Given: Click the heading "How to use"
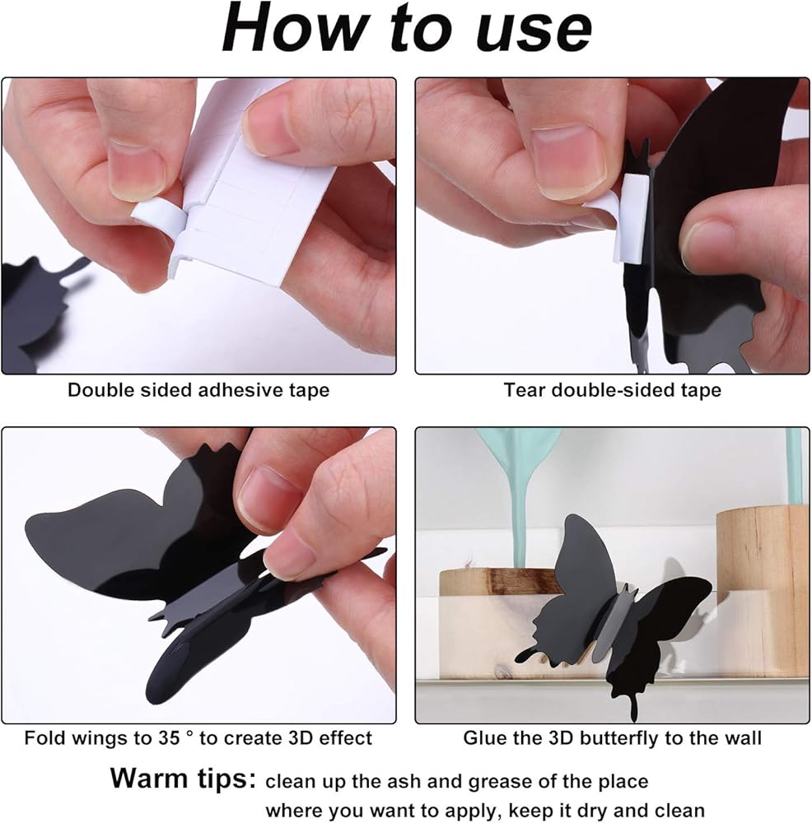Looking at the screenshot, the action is pos(407,29).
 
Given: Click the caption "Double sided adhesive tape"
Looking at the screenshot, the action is pos(198,390).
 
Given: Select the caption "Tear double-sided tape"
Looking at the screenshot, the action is pos(613,390).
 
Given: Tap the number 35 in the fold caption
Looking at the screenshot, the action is pos(169,738).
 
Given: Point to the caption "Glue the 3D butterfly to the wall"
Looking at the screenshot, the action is pos(612,738).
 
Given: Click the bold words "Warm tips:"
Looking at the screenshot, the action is pos(183,778).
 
